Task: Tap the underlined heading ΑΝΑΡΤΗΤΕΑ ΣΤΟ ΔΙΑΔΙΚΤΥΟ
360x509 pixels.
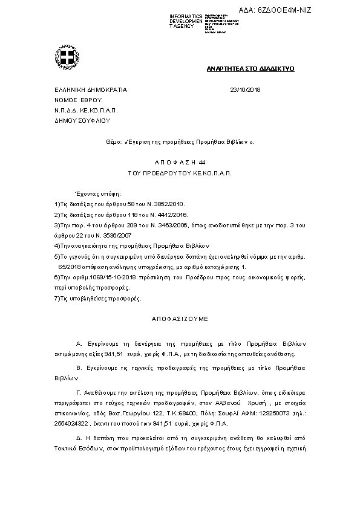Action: [x=250, y=70]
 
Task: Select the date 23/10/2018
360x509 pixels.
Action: [x=246, y=89]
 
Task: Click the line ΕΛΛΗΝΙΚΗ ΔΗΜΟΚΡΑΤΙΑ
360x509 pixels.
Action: [x=91, y=89]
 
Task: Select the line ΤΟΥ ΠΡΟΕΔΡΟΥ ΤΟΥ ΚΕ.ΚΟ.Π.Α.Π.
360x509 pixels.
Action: [x=180, y=173]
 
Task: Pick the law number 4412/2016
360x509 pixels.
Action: [x=171, y=215]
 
